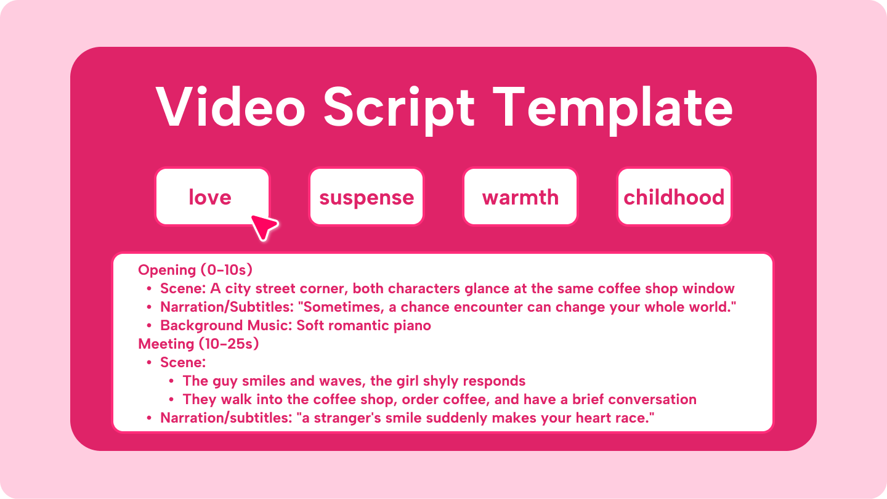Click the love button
click(211, 197)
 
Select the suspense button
click(367, 197)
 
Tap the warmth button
click(520, 197)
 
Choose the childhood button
click(674, 197)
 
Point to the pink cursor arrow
click(264, 227)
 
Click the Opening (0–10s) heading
click(196, 270)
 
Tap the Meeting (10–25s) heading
click(198, 344)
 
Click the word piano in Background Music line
click(409, 325)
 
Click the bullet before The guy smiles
click(171, 381)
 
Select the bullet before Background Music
click(149, 326)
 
